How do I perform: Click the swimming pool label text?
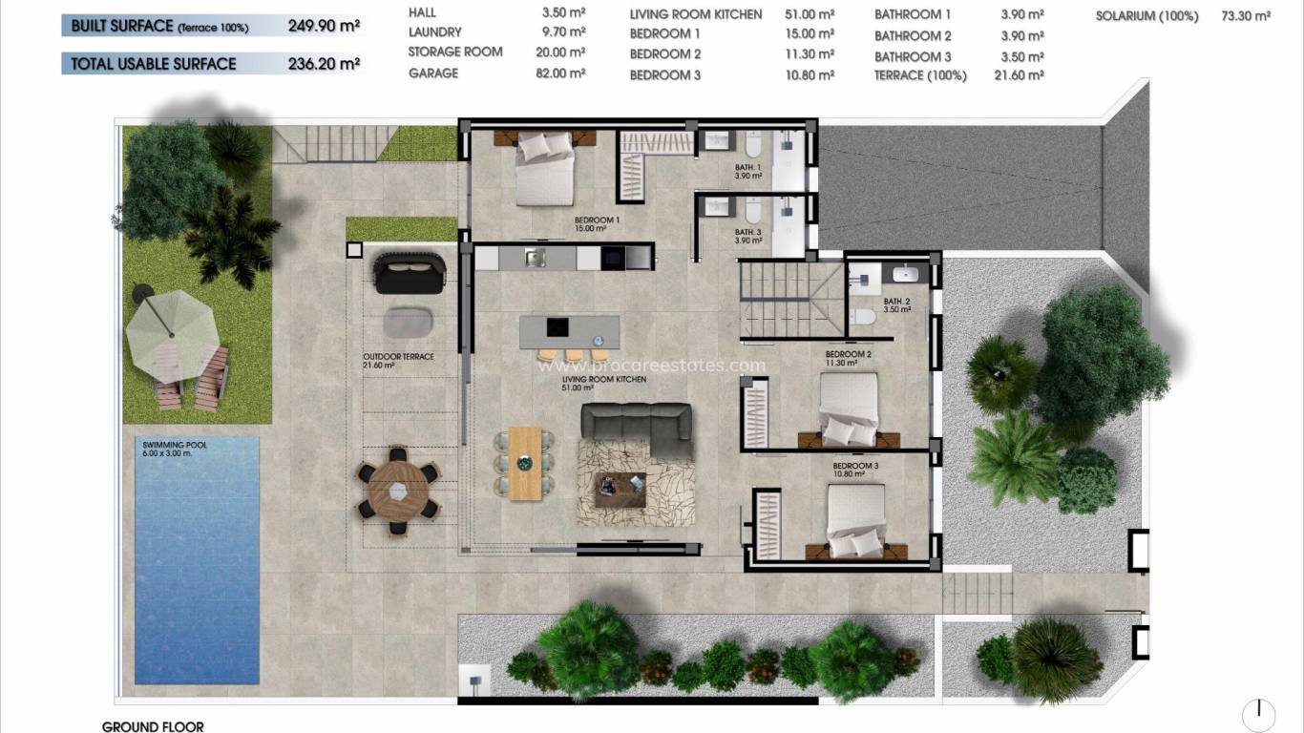(x=175, y=449)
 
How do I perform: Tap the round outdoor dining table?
(x=398, y=492)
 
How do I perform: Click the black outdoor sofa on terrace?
(x=410, y=272)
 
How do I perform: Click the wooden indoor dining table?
(x=524, y=463)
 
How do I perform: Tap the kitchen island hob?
(x=556, y=326)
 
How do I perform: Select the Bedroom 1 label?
(x=597, y=224)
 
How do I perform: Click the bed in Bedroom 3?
(x=854, y=520)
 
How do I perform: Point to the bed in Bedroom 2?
(x=848, y=408)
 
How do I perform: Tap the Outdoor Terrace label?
(x=398, y=360)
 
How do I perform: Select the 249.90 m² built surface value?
(x=324, y=27)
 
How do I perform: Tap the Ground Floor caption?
(x=153, y=726)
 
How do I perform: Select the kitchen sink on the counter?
(x=535, y=257)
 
